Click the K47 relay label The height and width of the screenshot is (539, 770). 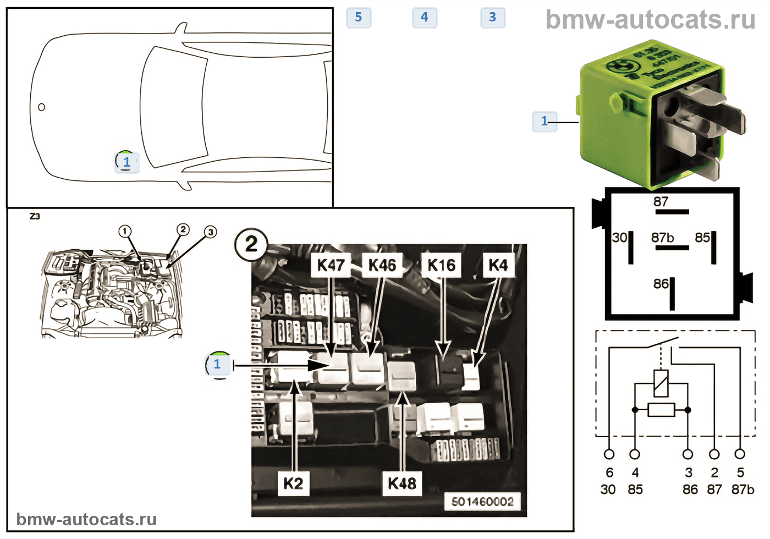coord(331,265)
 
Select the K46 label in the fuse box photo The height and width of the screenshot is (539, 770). coord(382,265)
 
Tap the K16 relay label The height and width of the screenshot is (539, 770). coord(441,265)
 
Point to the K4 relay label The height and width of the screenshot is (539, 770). coord(498,265)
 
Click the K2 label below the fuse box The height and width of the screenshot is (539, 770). coord(293,483)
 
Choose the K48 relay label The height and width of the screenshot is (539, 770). coord(402,483)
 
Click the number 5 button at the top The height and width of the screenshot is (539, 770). coord(359,18)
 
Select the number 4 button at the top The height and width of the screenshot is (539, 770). coord(425,18)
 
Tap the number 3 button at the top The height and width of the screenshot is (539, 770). coord(493,18)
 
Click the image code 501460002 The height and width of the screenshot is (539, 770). coord(482,502)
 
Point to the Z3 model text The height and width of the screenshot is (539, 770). coord(35,216)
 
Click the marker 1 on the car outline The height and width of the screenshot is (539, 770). coord(127,162)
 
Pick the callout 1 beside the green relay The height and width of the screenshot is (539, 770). coord(544,121)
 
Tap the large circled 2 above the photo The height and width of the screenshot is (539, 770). coord(251,244)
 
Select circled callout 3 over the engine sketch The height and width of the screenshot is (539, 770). coord(211,232)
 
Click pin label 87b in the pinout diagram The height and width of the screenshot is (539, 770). coord(662,238)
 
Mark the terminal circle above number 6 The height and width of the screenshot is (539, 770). coord(609,454)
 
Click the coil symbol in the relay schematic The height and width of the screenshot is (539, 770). coord(661,383)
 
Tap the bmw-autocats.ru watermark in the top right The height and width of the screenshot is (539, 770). coord(650,20)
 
